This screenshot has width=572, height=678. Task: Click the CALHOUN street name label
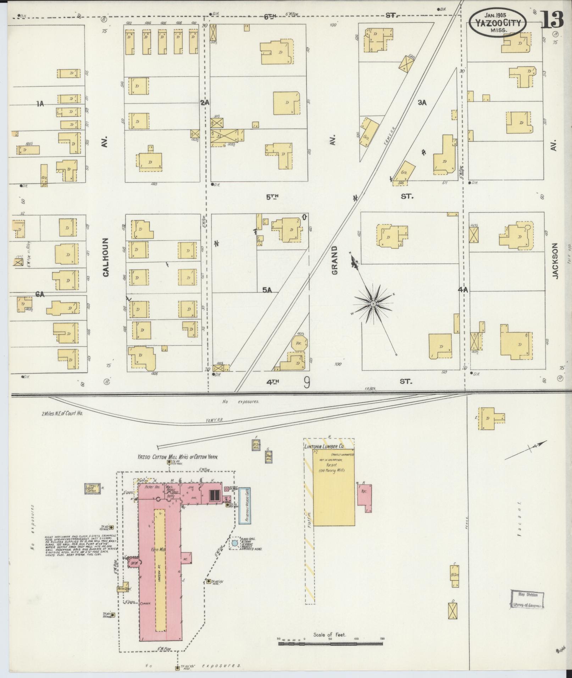106,257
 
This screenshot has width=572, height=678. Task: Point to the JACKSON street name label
555,261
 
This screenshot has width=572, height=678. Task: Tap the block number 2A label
205,103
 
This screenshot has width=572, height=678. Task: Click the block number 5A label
267,290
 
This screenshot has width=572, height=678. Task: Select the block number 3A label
422,103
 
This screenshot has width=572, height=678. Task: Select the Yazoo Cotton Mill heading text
177,457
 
